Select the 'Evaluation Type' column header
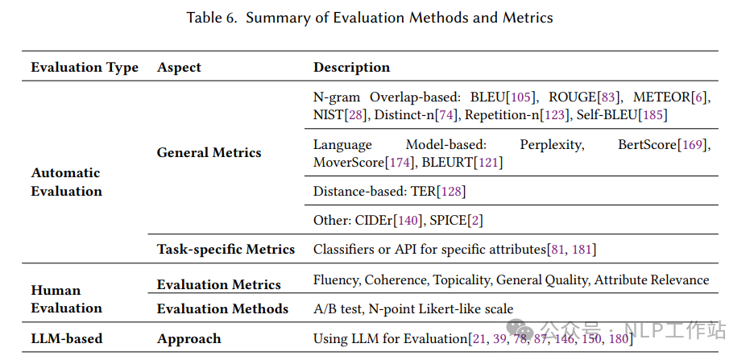(85, 68)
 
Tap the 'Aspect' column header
(179, 68)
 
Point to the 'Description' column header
(351, 68)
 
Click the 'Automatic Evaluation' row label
(67, 182)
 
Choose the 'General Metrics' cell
(209, 152)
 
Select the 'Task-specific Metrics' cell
(226, 249)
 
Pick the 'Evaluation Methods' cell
(222, 308)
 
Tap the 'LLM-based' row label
(67, 338)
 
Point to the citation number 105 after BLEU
(522, 97)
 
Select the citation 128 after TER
(451, 192)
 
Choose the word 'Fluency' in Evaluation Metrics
(336, 280)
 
